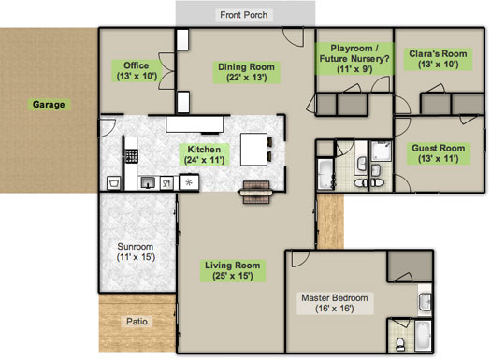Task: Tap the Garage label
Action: pyautogui.click(x=49, y=105)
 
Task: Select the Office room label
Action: pyautogui.click(x=137, y=70)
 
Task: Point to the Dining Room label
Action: pyautogui.click(x=245, y=72)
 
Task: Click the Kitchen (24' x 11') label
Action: pyautogui.click(x=204, y=155)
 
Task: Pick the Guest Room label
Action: pyautogui.click(x=439, y=153)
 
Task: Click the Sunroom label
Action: pyautogui.click(x=135, y=251)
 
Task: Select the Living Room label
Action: pyautogui.click(x=231, y=271)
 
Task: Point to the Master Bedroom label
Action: pyautogui.click(x=334, y=304)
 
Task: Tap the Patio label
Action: pyautogui.click(x=137, y=323)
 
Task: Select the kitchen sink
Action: pyautogui.click(x=147, y=182)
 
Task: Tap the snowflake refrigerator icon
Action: pyautogui.click(x=187, y=182)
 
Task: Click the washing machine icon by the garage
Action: pyautogui.click(x=112, y=182)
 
